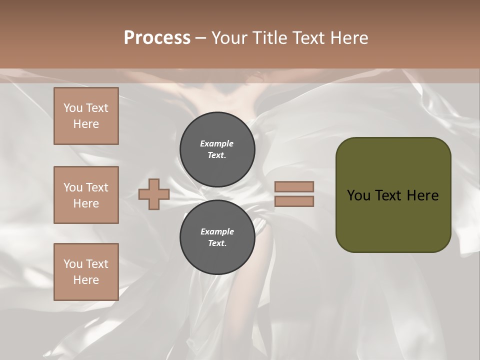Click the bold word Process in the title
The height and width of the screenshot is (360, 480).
[x=157, y=38]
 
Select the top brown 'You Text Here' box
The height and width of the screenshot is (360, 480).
[x=86, y=116]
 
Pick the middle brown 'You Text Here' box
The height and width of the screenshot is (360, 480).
[x=86, y=195]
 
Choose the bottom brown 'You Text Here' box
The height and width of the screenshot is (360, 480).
[x=86, y=272]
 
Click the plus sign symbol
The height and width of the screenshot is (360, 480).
[x=154, y=195]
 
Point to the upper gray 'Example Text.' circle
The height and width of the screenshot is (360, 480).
[x=217, y=149]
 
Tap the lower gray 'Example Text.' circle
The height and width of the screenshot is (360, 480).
[x=217, y=237]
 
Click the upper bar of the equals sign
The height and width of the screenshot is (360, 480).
[x=294, y=187]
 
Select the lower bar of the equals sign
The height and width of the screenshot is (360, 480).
[x=294, y=201]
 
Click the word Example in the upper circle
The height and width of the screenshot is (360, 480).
[x=217, y=144]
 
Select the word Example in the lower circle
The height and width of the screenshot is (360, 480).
[x=217, y=232]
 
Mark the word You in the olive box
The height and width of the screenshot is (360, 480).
[x=358, y=195]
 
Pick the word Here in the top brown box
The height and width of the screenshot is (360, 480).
[x=86, y=124]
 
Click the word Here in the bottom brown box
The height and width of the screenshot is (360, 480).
[x=86, y=280]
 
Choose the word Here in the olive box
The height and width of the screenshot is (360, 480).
[x=422, y=195]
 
